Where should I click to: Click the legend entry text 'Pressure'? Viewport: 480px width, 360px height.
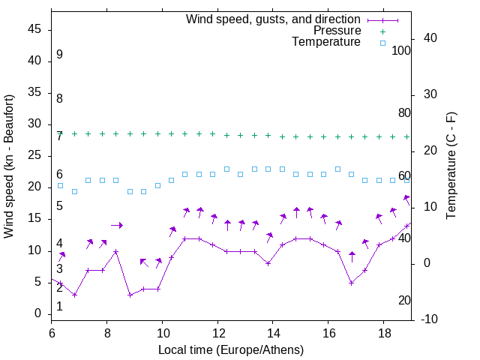(x=337, y=31)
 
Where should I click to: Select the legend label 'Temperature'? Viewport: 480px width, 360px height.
(x=326, y=42)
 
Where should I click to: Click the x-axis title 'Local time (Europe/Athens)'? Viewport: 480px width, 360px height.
(x=231, y=349)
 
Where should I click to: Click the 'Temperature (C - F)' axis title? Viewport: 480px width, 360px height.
(x=451, y=166)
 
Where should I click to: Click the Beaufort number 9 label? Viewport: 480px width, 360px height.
(x=59, y=55)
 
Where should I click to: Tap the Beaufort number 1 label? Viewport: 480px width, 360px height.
(x=59, y=307)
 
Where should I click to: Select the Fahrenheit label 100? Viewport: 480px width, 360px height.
(x=402, y=51)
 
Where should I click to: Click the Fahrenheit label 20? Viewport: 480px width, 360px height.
(x=404, y=301)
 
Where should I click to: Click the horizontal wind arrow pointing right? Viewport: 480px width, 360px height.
(x=116, y=225)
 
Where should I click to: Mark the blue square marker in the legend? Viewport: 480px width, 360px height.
(x=382, y=43)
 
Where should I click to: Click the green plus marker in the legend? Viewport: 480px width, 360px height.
(x=382, y=31)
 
